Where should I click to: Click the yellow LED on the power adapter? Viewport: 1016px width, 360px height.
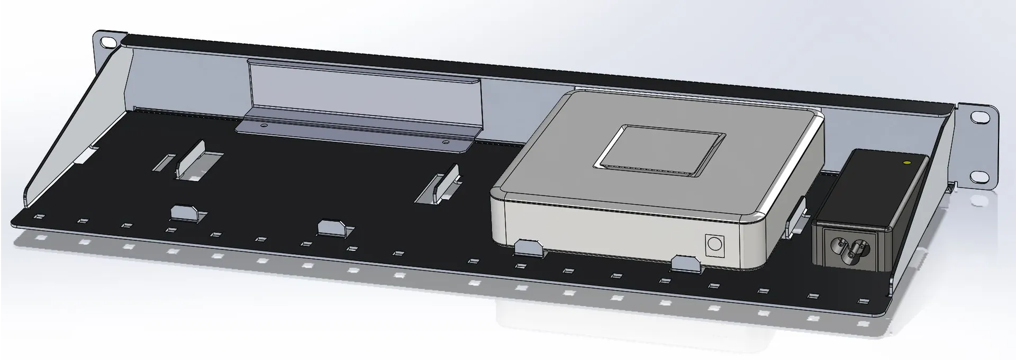pyautogui.click(x=907, y=163)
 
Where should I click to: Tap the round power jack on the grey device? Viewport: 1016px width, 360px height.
pyautogui.click(x=714, y=245)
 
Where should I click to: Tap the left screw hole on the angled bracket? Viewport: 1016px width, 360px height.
pyautogui.click(x=264, y=126)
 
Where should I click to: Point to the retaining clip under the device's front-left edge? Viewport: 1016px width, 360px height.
pyautogui.click(x=529, y=247)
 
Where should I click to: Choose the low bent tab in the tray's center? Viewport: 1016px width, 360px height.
pyautogui.click(x=333, y=228)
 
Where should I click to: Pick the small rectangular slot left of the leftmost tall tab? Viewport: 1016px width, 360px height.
pyautogui.click(x=165, y=162)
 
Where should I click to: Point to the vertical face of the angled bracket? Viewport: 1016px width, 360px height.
pyautogui.click(x=365, y=95)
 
